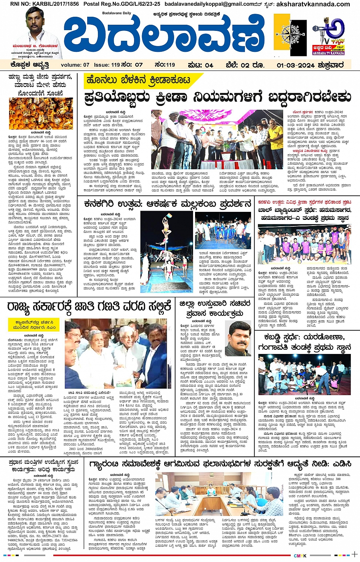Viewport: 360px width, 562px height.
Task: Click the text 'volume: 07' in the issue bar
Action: (75, 65)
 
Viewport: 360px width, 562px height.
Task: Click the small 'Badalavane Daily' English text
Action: (116, 13)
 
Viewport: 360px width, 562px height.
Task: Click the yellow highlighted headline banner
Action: (138, 80)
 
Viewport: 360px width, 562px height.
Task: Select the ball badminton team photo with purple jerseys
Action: (304, 244)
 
